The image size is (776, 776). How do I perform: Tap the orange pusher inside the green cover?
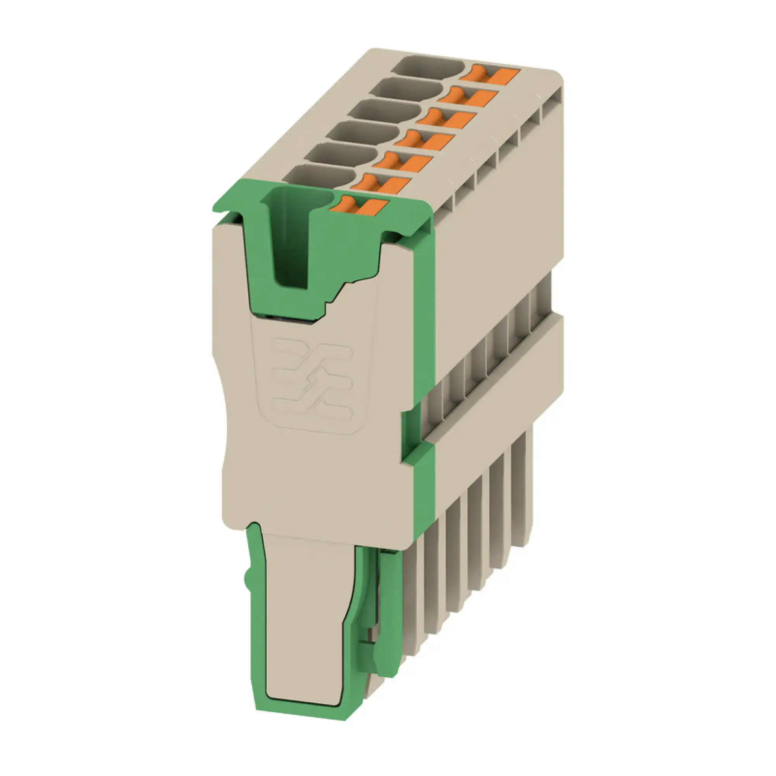click(x=359, y=205)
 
